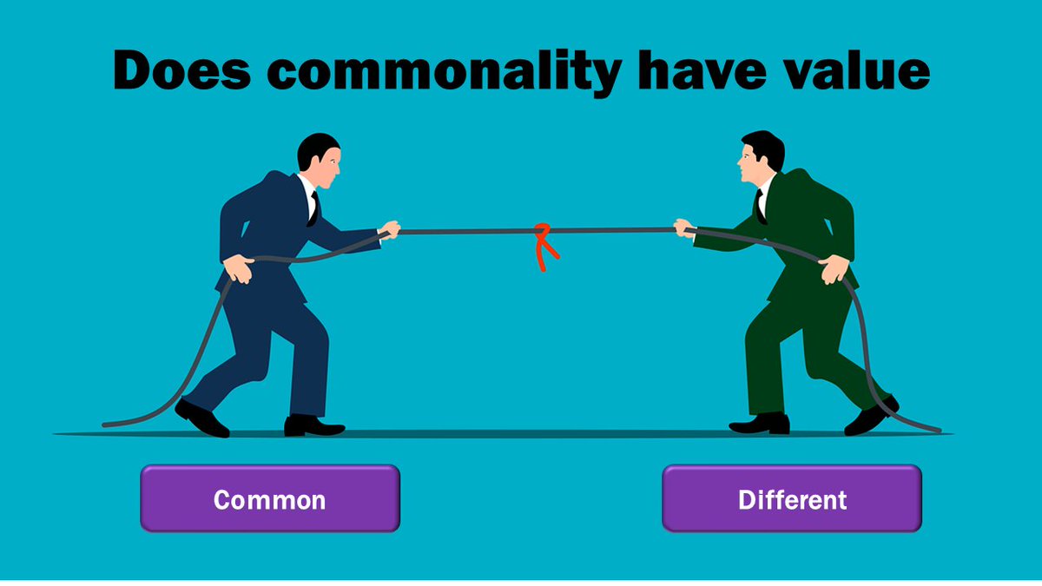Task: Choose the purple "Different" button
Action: (x=791, y=499)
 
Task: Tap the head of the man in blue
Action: (x=320, y=161)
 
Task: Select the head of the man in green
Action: (x=761, y=159)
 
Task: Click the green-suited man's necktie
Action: (x=762, y=205)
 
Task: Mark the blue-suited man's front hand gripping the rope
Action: (x=390, y=230)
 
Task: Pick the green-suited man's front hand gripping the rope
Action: (x=686, y=227)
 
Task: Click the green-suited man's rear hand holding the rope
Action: (x=831, y=268)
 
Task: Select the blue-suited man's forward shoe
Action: (x=313, y=425)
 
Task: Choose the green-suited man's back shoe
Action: (x=872, y=416)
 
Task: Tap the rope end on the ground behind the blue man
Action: (x=109, y=425)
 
